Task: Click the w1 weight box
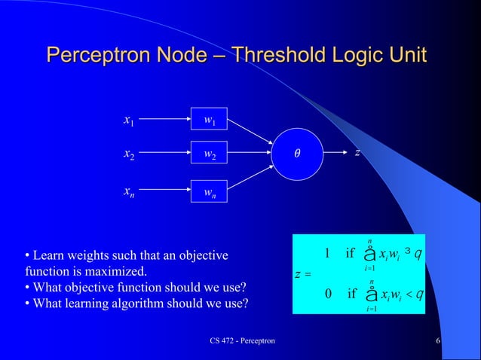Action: click(x=208, y=120)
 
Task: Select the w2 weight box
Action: click(x=208, y=155)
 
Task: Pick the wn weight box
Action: click(x=208, y=192)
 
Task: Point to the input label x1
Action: click(x=129, y=120)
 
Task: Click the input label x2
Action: click(x=129, y=154)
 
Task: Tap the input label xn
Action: click(x=129, y=191)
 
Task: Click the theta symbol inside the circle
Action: click(x=297, y=154)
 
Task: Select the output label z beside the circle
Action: click(x=357, y=153)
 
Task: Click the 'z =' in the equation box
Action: click(x=303, y=273)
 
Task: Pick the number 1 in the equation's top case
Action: click(x=326, y=252)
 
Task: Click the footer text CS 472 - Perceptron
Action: click(x=242, y=342)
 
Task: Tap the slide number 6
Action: click(x=438, y=342)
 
